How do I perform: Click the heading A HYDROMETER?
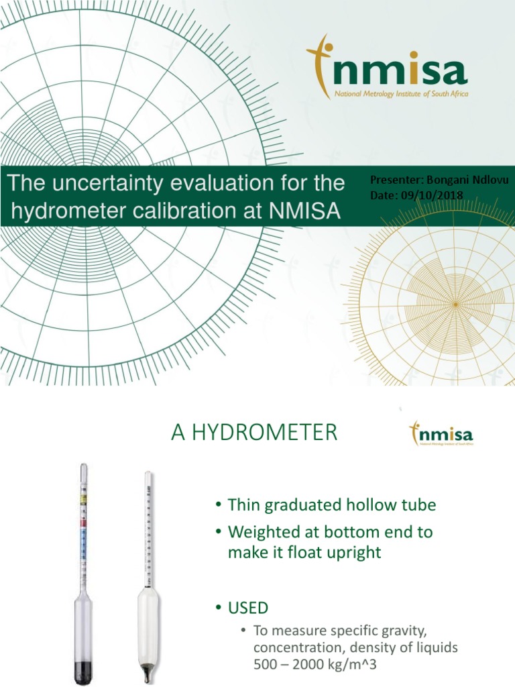[x=254, y=433]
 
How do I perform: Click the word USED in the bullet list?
[x=248, y=608]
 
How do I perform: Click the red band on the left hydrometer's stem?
[x=83, y=522]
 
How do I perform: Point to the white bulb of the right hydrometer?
[x=148, y=624]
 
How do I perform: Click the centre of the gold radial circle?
[x=455, y=305]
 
